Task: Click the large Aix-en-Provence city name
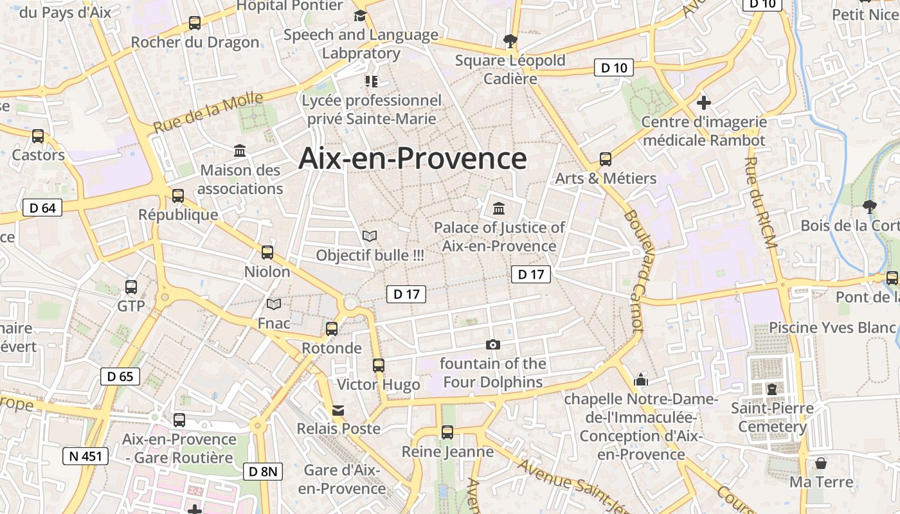pyautogui.click(x=412, y=159)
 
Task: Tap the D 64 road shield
pyautogui.click(x=42, y=208)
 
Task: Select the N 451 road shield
pyautogui.click(x=85, y=456)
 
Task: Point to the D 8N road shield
pyautogui.click(x=263, y=472)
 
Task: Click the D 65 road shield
pyautogui.click(x=120, y=377)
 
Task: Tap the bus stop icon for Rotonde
pyautogui.click(x=332, y=329)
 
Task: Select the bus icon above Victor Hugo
pyautogui.click(x=379, y=366)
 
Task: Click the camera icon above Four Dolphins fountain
pyautogui.click(x=493, y=345)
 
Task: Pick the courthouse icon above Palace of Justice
pyautogui.click(x=499, y=208)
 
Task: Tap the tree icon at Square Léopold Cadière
pyautogui.click(x=510, y=41)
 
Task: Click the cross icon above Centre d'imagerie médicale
pyautogui.click(x=704, y=102)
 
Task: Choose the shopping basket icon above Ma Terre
pyautogui.click(x=821, y=463)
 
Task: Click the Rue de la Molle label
pyautogui.click(x=208, y=113)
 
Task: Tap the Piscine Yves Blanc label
pyautogui.click(x=833, y=328)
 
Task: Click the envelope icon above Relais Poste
pyautogui.click(x=338, y=410)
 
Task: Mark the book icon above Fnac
pyautogui.click(x=274, y=304)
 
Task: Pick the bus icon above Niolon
pyautogui.click(x=267, y=253)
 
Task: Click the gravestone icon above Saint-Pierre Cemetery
pyautogui.click(x=771, y=389)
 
